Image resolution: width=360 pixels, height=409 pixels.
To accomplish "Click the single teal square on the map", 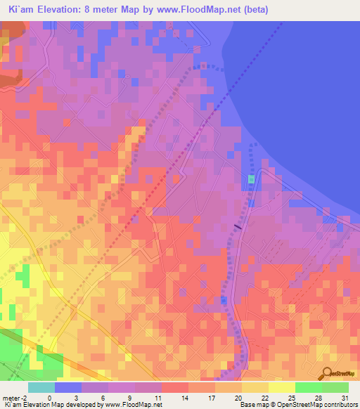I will pyautogui.click(x=251, y=180).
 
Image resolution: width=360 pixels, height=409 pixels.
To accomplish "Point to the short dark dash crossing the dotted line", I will pyautogui.click(x=238, y=226).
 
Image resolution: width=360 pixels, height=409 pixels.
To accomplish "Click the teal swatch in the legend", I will pyautogui.click(x=41, y=387).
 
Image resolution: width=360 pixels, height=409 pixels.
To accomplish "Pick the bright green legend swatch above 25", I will pyautogui.click(x=309, y=387).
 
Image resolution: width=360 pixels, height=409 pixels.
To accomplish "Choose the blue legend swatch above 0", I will pyautogui.click(x=68, y=387).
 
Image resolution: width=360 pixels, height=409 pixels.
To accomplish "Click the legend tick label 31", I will pyautogui.click(x=345, y=397).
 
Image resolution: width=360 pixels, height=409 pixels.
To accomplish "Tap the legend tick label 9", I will pyautogui.click(x=131, y=397).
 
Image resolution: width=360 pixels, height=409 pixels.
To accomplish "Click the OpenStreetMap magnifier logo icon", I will pyautogui.click(x=328, y=374).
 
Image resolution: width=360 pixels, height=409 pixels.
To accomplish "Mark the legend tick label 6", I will pyautogui.click(x=104, y=397).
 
